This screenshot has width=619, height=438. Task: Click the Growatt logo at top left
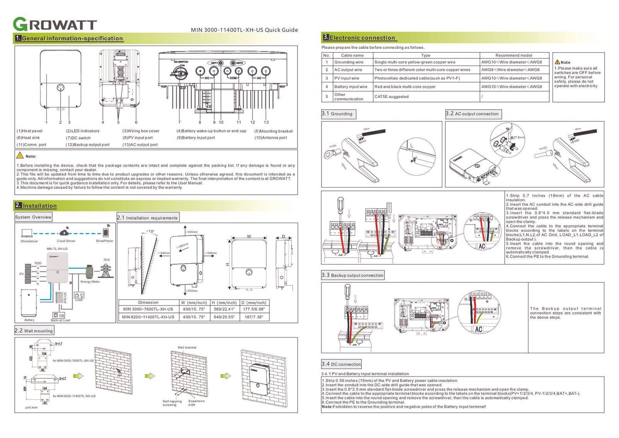coord(55,24)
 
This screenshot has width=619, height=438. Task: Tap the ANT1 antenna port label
coord(214,63)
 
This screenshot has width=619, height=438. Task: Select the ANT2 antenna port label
coord(239,63)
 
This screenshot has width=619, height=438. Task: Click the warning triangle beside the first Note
coord(20,155)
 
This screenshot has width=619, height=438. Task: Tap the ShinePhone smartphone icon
coord(106,232)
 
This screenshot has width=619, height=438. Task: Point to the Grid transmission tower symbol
coord(106,270)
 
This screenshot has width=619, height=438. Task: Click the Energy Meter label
coord(90,282)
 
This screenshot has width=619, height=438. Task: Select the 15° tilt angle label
coord(150,232)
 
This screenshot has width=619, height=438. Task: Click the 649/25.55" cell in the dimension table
coord(224,317)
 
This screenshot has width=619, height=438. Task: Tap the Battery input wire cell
coord(351,87)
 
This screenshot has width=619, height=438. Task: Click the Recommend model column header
coord(513,55)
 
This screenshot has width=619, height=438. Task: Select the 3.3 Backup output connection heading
coord(353,275)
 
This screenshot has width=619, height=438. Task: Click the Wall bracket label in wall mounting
coord(187,347)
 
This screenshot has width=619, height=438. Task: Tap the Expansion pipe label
coord(196,403)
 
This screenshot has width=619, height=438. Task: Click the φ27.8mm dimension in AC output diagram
coord(519,137)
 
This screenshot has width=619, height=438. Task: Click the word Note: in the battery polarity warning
coord(327,407)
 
